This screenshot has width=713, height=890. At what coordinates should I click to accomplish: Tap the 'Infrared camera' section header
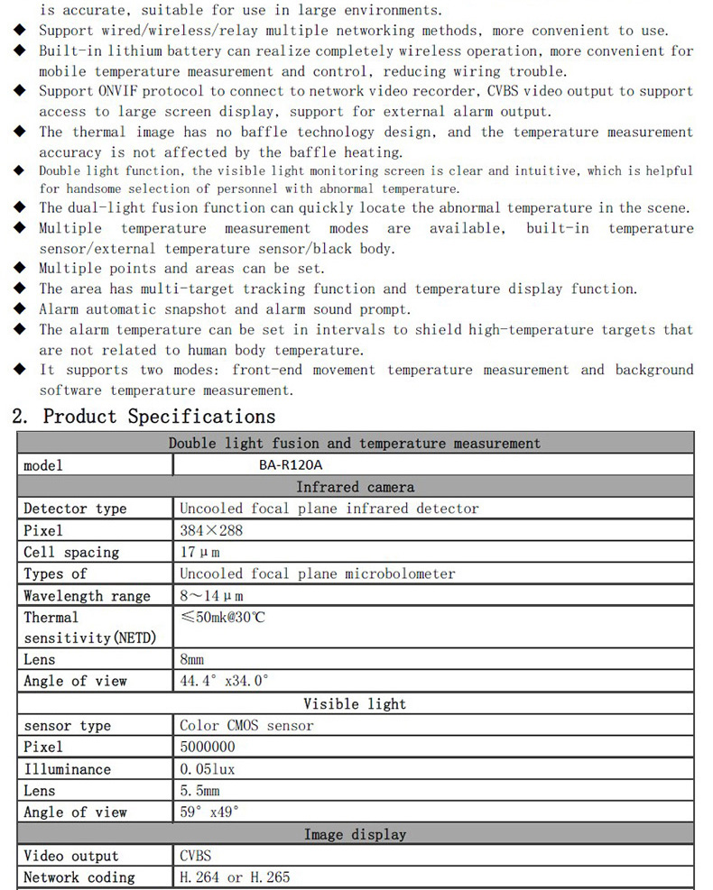pyautogui.click(x=355, y=487)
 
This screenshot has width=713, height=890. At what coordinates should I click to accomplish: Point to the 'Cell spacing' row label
pyautogui.click(x=71, y=552)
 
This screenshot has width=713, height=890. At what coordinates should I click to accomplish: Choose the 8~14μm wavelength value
pyautogui.click(x=212, y=595)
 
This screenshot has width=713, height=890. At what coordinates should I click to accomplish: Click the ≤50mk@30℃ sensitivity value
pyautogui.click(x=223, y=618)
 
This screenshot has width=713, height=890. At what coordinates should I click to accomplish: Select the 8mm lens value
pyautogui.click(x=193, y=659)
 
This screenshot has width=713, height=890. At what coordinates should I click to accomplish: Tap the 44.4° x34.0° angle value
pyautogui.click(x=225, y=681)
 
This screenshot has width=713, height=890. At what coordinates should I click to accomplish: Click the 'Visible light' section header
pyautogui.click(x=355, y=703)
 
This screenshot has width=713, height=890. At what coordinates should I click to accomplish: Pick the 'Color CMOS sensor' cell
pyautogui.click(x=246, y=725)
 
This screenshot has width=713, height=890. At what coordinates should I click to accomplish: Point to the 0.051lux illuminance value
pyautogui.click(x=208, y=768)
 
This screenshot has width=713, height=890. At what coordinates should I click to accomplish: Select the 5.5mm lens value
pyautogui.click(x=200, y=790)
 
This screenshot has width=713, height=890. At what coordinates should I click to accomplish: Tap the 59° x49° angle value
pyautogui.click(x=209, y=812)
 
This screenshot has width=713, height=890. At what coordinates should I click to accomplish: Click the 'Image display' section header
pyautogui.click(x=355, y=834)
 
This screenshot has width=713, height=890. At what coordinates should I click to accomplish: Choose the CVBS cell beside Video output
pyautogui.click(x=196, y=856)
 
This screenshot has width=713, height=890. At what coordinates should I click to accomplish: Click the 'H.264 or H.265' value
pyautogui.click(x=235, y=877)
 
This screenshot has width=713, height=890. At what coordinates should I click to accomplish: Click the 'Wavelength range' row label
pyautogui.click(x=87, y=595)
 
